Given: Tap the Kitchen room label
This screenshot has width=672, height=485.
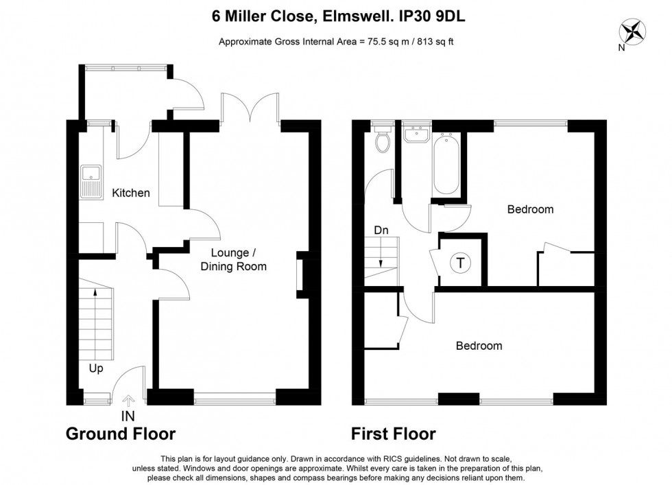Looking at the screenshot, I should pyautogui.click(x=130, y=193).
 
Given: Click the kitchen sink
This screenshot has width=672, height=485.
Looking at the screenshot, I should pyautogui.click(x=90, y=181).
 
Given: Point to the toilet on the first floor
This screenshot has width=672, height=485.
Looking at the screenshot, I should pyautogui.click(x=383, y=141).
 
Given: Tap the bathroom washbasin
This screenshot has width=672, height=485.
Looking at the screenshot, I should pyautogui.click(x=416, y=134).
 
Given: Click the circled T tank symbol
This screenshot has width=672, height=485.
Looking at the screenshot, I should pyautogui.click(x=460, y=262).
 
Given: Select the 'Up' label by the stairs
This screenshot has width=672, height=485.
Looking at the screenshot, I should pyautogui.click(x=96, y=368).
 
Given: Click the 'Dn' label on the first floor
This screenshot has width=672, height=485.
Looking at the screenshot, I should pyautogui.click(x=381, y=230).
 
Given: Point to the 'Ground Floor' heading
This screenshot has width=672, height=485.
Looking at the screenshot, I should pyautogui.click(x=120, y=434).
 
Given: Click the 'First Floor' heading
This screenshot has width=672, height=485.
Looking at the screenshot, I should pyautogui.click(x=393, y=434).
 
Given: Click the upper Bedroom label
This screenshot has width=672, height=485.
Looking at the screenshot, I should pyautogui.click(x=529, y=209).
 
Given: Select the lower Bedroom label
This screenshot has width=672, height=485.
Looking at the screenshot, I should pyautogui.click(x=479, y=346).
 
